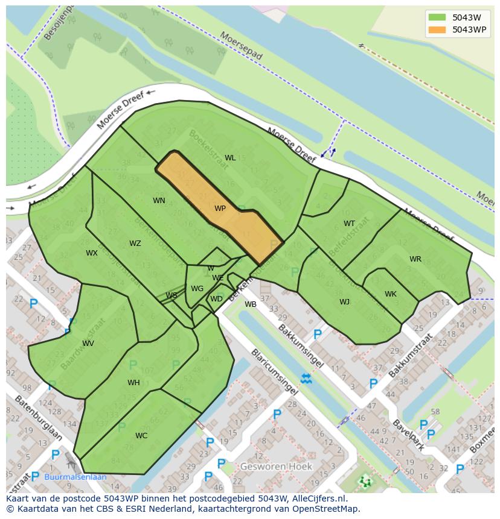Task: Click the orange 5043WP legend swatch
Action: (437, 30)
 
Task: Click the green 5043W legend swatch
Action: (437, 17)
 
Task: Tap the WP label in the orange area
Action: (220, 209)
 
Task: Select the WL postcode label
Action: (230, 158)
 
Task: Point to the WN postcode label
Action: (159, 201)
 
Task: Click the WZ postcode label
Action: (135, 244)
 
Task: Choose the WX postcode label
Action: (91, 253)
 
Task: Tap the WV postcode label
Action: (88, 344)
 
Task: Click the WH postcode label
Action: (133, 383)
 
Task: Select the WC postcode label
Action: (141, 436)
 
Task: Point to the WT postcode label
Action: (349, 224)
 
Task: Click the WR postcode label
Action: (415, 259)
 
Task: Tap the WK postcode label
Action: (391, 294)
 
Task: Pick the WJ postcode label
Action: (344, 302)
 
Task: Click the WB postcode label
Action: (251, 304)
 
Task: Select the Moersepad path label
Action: (242, 46)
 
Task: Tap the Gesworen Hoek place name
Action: (276, 467)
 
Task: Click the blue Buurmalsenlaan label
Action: (75, 477)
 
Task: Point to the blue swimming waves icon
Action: (306, 379)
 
